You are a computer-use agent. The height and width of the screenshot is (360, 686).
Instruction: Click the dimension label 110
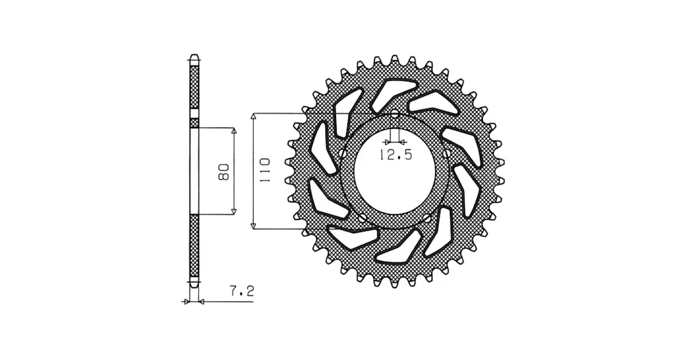tap(264, 171)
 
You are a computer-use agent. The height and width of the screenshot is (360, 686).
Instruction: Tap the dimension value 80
tap(224, 172)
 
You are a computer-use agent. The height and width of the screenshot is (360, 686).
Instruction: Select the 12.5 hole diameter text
tap(396, 154)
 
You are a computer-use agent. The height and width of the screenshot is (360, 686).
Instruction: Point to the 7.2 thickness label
tap(241, 291)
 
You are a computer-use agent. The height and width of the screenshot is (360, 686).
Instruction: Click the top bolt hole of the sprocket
tap(394, 114)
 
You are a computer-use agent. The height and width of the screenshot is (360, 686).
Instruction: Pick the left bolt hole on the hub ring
tap(342, 153)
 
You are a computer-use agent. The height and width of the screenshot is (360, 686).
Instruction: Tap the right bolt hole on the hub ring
tap(447, 153)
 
